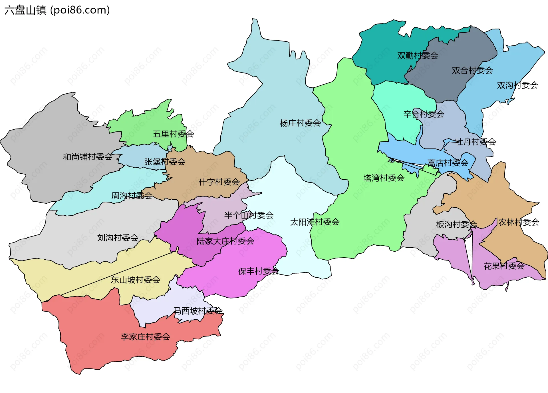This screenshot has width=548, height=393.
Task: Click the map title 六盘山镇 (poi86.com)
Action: click(57, 10)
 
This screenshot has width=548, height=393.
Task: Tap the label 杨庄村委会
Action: click(300, 123)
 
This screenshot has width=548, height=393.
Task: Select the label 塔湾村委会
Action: click(384, 178)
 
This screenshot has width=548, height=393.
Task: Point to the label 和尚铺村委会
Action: click(88, 157)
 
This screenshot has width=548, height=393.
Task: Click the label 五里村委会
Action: click(173, 134)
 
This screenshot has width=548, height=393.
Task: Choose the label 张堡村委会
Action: click(165, 162)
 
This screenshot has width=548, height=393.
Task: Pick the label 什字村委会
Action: click(219, 182)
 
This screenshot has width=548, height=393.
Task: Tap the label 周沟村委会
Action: click(132, 196)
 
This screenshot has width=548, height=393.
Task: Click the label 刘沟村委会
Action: click(118, 238)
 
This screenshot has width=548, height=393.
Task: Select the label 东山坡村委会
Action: click(135, 280)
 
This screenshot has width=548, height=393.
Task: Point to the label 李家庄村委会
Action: click(145, 337)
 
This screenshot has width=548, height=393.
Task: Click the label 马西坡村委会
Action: click(198, 311)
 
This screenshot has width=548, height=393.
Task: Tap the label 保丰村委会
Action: click(259, 271)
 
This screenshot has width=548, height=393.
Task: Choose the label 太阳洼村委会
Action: click(315, 222)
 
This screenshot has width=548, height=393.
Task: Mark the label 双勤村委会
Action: click(418, 55)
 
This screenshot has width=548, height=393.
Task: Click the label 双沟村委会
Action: click(517, 85)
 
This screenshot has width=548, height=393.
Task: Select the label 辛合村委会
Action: click(424, 114)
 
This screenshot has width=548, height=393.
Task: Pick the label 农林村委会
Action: click(519, 222)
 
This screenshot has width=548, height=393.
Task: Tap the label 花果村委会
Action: click(504, 266)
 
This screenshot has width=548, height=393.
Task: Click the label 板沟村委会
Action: click(456, 224)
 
